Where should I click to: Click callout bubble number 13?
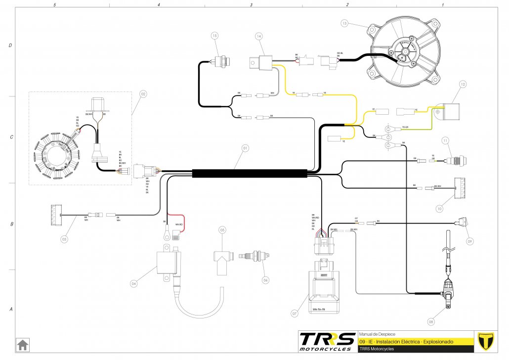coord(345,23)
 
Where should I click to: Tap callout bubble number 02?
coord(143,93)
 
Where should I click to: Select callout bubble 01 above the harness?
coord(244,147)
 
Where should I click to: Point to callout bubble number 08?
coord(431,322)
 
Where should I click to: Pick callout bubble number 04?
coord(133,284)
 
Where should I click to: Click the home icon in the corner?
coord(22,344)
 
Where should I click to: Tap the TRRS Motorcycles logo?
coord(328,341)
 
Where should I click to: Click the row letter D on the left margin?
coord(10,45)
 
